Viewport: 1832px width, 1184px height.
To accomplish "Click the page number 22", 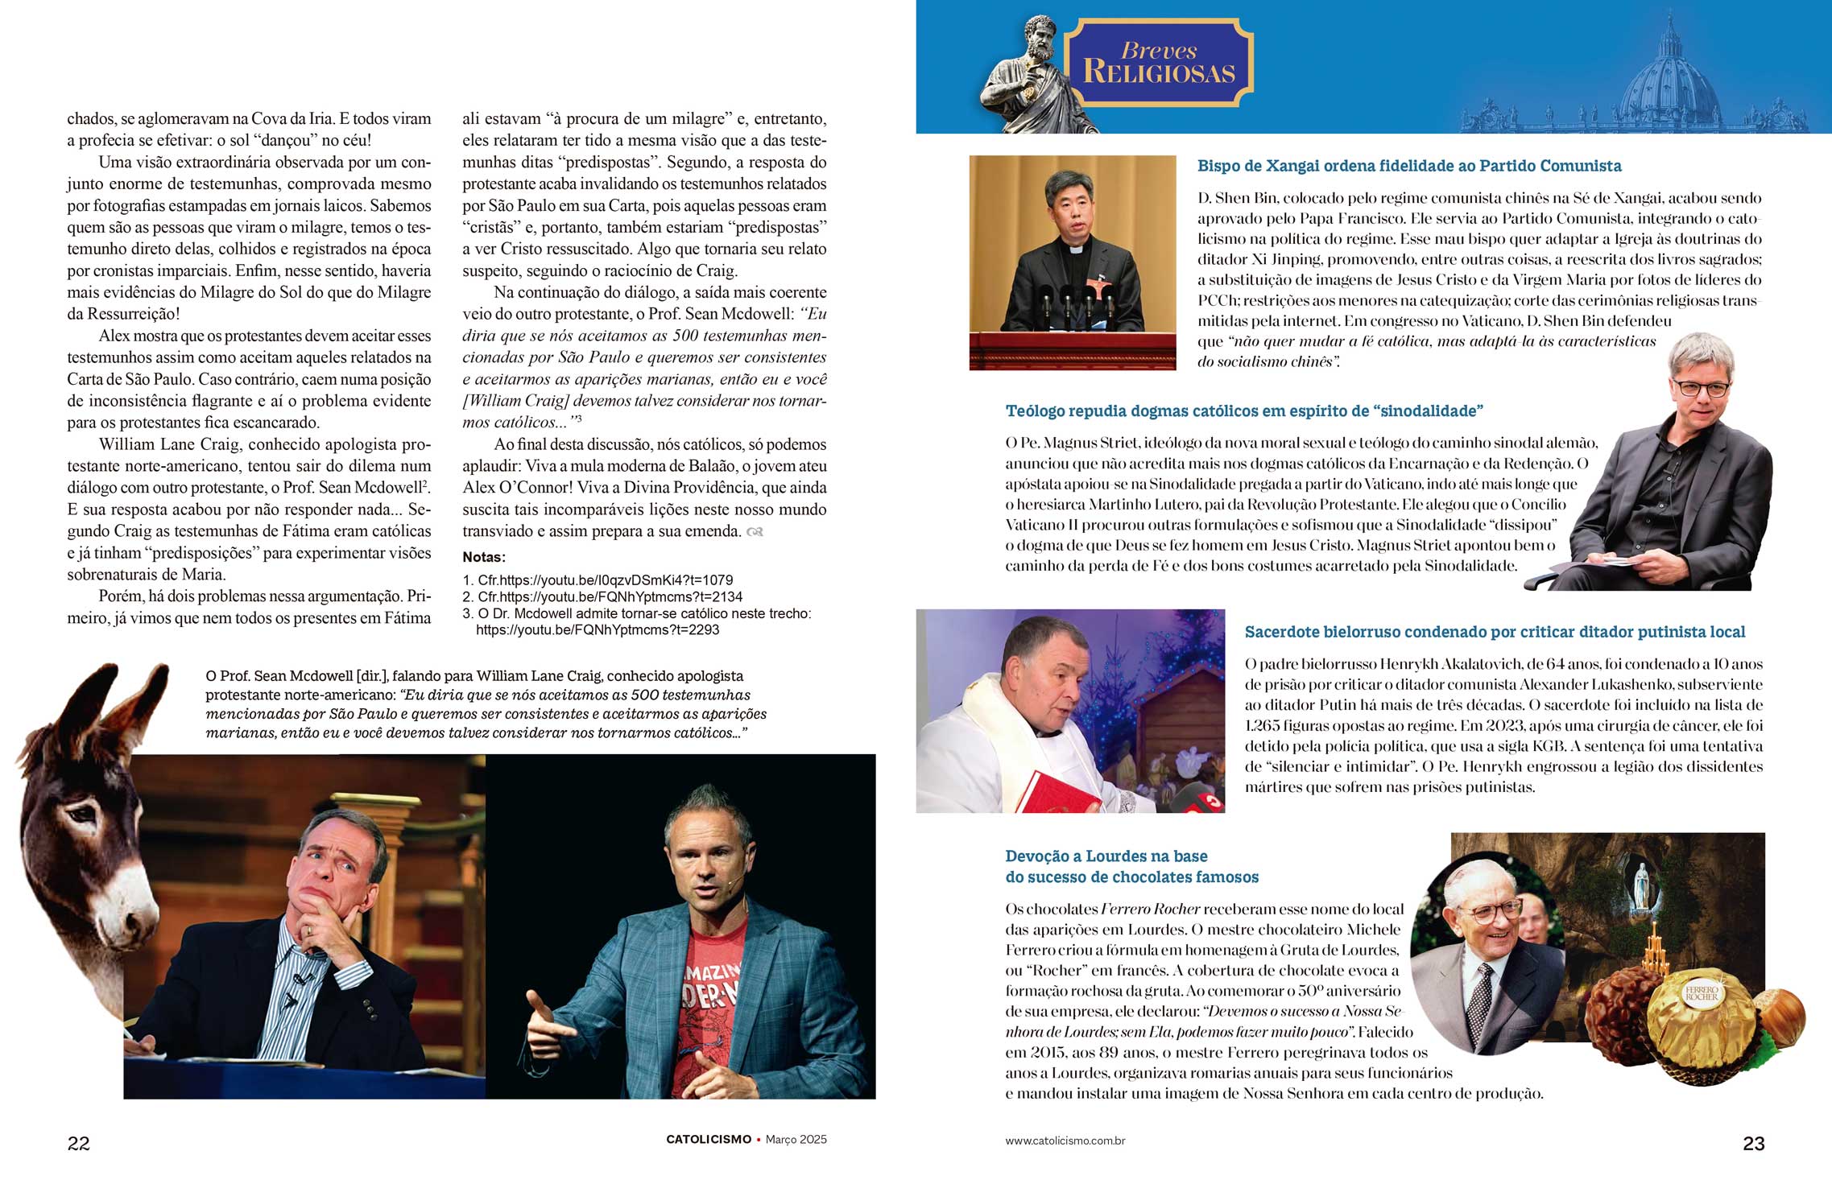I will [79, 1143].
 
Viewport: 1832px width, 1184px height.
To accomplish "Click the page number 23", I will [1753, 1143].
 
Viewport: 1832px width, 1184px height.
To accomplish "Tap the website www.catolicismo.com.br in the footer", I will [1065, 1141].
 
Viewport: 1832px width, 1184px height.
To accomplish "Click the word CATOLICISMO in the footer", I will [708, 1139].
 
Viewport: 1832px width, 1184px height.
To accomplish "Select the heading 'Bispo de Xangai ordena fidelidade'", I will [1408, 166].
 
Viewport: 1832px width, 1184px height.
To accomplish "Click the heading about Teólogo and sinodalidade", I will [1243, 410].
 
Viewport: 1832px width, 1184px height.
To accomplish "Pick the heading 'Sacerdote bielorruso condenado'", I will [1494, 632].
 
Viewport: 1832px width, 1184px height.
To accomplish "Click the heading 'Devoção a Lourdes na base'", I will [1106, 856].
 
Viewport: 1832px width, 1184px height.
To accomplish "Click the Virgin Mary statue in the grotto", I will [1640, 887].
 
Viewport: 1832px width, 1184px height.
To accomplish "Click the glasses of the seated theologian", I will [1702, 388].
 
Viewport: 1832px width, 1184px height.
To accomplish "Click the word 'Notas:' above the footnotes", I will [484, 557].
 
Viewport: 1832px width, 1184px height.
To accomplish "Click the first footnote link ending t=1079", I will [604, 580].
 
